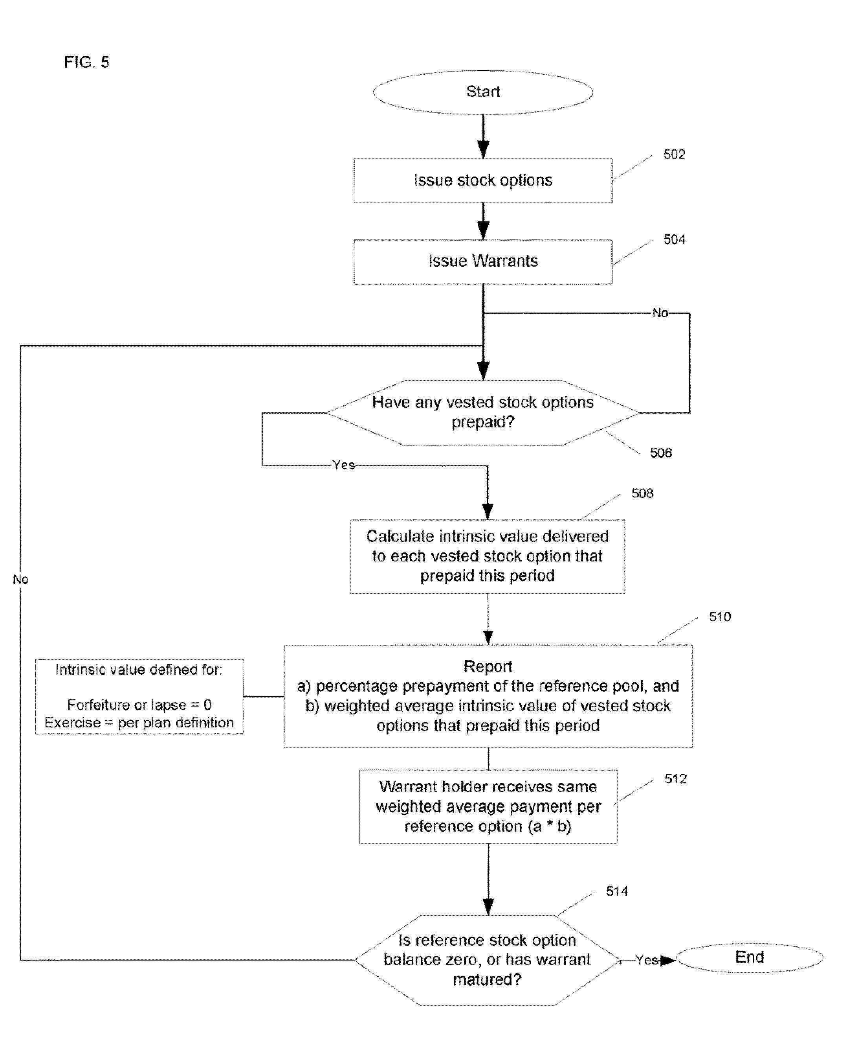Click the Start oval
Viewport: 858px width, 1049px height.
pyautogui.click(x=483, y=92)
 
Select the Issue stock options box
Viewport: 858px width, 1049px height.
pyautogui.click(x=483, y=180)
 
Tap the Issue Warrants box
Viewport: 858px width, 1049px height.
pyautogui.click(x=483, y=261)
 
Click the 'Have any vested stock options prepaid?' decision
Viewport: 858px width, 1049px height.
pyautogui.click(x=483, y=412)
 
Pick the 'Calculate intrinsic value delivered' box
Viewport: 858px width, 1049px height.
pyautogui.click(x=487, y=556)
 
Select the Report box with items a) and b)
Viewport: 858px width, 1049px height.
pyautogui.click(x=488, y=696)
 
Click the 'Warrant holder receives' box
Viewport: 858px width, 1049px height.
pyautogui.click(x=488, y=807)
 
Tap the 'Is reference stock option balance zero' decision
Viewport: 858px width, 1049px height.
pyautogui.click(x=487, y=960)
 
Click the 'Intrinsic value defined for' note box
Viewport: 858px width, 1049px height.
pyautogui.click(x=139, y=696)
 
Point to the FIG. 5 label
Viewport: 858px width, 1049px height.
pyautogui.click(x=86, y=62)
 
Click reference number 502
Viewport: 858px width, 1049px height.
pyautogui.click(x=674, y=154)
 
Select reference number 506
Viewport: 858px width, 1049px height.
pyautogui.click(x=661, y=453)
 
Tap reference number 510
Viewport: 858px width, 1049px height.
pyautogui.click(x=720, y=617)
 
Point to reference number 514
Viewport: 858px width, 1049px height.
pyautogui.click(x=617, y=891)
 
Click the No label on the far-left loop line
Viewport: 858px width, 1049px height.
pyautogui.click(x=20, y=579)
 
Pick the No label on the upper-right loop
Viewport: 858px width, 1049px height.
pyautogui.click(x=660, y=313)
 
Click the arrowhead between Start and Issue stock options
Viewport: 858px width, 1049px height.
pyautogui.click(x=483, y=149)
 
